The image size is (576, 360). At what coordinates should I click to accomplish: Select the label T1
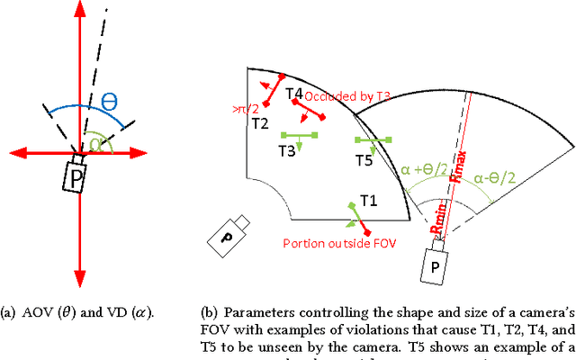coord(368,200)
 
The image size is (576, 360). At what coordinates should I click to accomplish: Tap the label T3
coord(286,152)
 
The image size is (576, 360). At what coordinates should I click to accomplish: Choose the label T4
coord(294,94)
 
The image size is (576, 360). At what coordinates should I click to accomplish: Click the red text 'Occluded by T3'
coord(347,95)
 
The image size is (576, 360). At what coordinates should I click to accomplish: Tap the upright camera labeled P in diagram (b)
coord(436,267)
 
